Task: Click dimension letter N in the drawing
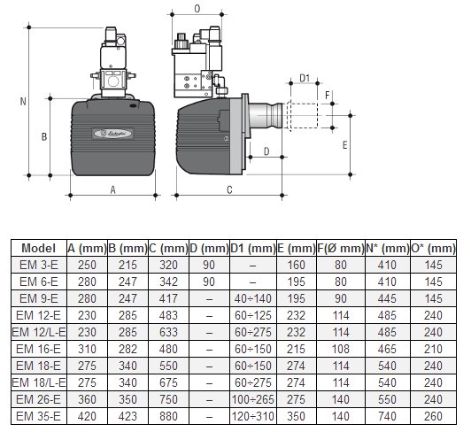click(23, 102)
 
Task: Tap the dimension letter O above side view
click(197, 9)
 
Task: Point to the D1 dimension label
click(305, 78)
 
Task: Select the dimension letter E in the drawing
click(345, 145)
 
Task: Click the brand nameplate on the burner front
click(113, 134)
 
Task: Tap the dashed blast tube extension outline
click(303, 116)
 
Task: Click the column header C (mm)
click(168, 249)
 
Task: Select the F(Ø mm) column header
click(341, 249)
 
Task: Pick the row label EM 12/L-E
click(39, 332)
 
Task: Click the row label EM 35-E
click(39, 416)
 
